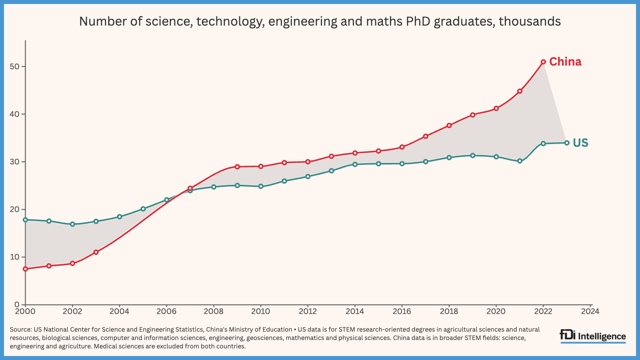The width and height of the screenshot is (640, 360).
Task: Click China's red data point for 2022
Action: (543, 62)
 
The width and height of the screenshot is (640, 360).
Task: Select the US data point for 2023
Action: (567, 143)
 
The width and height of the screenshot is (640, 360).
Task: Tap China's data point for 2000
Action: (26, 269)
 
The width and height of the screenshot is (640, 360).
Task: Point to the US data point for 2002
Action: (72, 224)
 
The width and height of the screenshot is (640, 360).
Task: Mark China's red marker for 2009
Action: (237, 166)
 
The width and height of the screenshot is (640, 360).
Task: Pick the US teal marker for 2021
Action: (520, 161)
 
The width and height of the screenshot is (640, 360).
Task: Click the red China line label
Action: (565, 62)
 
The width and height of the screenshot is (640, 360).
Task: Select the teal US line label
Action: (580, 143)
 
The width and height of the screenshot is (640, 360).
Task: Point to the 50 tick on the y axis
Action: (15, 66)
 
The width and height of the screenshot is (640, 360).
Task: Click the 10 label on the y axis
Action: (15, 257)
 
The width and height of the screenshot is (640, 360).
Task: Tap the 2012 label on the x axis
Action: (308, 311)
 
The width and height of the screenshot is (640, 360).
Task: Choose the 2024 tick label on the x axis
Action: (590, 311)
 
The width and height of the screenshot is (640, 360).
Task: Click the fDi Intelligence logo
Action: (592, 336)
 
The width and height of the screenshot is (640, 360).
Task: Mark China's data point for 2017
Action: (426, 136)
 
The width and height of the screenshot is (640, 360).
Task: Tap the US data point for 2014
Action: (355, 164)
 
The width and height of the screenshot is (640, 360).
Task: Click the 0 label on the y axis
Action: (17, 305)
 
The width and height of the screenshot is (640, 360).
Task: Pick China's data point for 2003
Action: (96, 252)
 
